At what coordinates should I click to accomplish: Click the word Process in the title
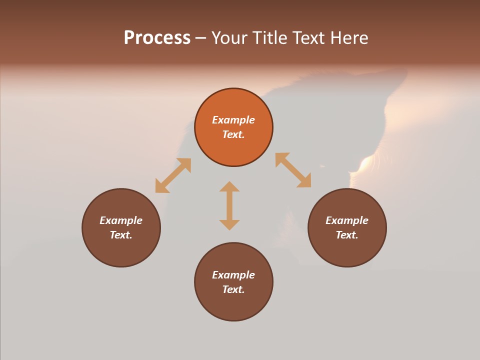157,38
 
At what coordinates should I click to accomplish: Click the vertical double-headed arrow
229,205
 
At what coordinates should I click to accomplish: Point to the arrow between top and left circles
173,175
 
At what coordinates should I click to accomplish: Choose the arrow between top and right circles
293,170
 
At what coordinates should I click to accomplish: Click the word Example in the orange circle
233,120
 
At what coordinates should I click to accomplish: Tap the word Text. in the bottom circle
233,289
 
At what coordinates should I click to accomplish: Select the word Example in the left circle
121,220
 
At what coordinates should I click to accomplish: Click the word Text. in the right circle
347,235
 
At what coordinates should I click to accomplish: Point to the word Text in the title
309,38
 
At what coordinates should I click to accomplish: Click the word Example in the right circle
347,220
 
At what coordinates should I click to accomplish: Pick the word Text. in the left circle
121,235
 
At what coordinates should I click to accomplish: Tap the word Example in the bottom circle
233,275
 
